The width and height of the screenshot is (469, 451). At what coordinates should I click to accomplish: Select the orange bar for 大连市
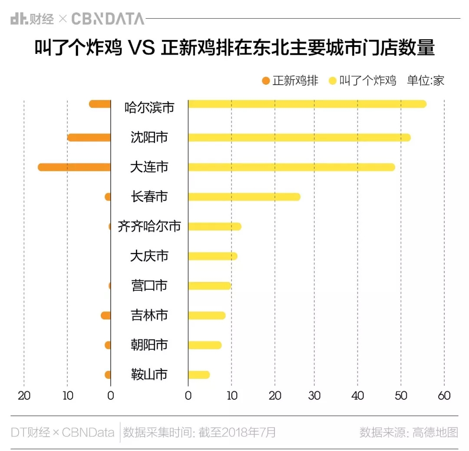click(74, 167)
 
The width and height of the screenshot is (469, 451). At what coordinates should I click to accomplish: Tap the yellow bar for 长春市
click(244, 197)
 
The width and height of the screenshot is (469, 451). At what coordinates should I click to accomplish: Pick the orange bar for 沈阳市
click(89, 138)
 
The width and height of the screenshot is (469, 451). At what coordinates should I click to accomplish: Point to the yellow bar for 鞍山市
click(199, 375)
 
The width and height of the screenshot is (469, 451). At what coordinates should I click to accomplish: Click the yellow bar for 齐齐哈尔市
click(215, 226)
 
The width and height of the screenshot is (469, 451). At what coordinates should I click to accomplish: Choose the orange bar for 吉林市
click(106, 315)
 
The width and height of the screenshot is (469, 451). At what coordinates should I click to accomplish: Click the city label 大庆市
click(149, 256)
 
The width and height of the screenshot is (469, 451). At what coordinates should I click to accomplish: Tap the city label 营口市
click(149, 285)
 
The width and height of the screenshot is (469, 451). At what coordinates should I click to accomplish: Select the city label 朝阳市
click(149, 345)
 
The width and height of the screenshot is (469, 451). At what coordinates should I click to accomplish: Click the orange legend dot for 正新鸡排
click(266, 81)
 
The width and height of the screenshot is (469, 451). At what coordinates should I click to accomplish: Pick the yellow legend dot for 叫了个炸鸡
click(333, 81)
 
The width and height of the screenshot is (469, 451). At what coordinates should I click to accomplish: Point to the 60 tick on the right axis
click(444, 396)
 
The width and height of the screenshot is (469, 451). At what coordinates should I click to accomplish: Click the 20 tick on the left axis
click(24, 396)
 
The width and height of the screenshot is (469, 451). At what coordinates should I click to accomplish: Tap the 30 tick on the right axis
click(314, 396)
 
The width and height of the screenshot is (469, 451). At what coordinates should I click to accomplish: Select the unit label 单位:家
click(426, 81)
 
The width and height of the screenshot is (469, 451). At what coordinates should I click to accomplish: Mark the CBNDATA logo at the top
click(107, 19)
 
